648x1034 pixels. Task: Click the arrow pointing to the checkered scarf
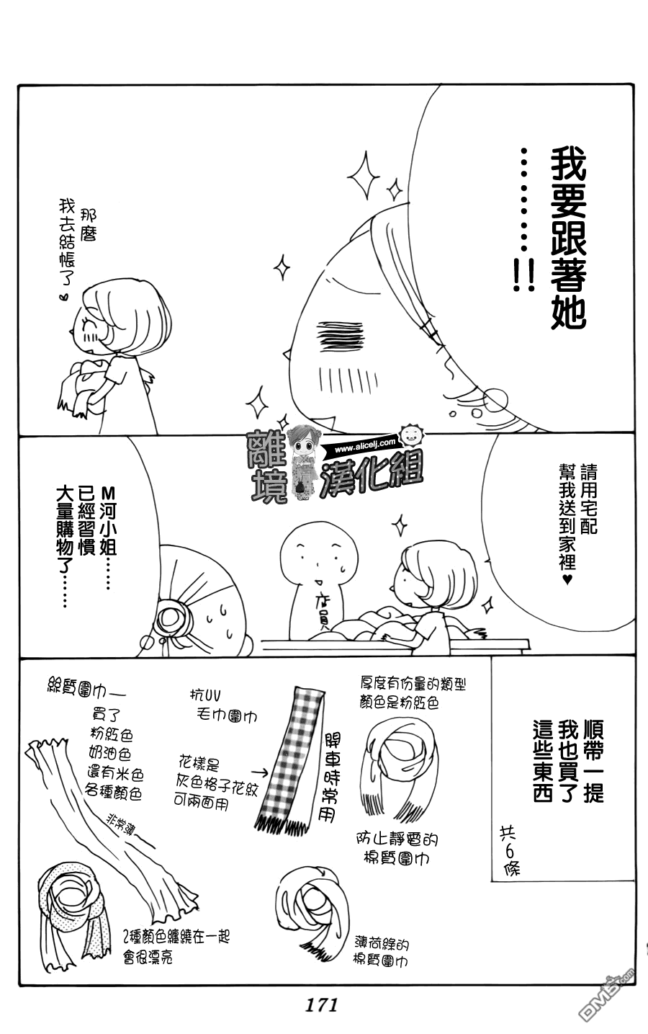pyautogui.click(x=260, y=772)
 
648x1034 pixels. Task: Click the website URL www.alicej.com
pyautogui.click(x=364, y=446)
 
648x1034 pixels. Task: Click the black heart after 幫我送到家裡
pyautogui.click(x=567, y=579)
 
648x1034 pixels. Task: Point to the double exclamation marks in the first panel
pyautogui.click(x=524, y=275)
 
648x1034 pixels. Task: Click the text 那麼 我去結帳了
pyautogui.click(x=78, y=241)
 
